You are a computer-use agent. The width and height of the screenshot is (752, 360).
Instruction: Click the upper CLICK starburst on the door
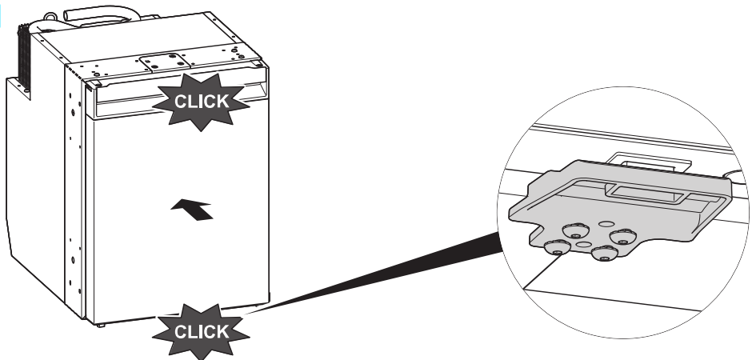(x=201, y=102)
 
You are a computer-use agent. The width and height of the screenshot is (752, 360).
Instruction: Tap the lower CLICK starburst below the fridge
(x=201, y=330)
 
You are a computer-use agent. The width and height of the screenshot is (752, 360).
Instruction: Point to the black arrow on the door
(x=193, y=210)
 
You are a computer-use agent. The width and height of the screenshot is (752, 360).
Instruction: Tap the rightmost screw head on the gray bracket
(x=623, y=235)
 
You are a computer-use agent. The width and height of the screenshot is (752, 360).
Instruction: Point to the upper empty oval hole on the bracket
(x=606, y=226)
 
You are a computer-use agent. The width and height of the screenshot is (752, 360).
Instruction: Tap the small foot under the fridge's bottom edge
(x=102, y=325)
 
